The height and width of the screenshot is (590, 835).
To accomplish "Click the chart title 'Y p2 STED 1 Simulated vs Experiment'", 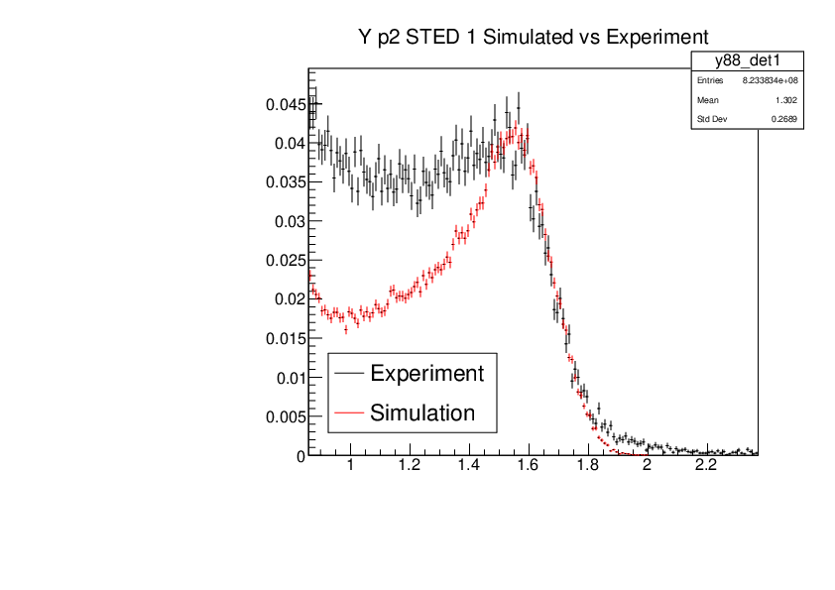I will [534, 37].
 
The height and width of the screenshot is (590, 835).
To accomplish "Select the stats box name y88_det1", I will [747, 61].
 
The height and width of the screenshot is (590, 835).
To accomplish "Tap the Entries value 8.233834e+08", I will [770, 80].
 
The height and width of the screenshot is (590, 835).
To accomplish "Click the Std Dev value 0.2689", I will [783, 120].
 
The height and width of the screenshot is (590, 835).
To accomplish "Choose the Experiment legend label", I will [426, 374].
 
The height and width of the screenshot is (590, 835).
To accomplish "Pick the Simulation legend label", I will [422, 413].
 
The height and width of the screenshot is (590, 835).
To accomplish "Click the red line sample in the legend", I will [349, 413].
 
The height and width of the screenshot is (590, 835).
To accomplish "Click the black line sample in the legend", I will [349, 374].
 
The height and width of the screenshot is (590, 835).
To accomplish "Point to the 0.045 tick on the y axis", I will [282, 104].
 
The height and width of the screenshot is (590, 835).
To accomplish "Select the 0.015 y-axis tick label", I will [282, 338].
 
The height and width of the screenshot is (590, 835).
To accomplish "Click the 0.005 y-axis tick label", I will [282, 416].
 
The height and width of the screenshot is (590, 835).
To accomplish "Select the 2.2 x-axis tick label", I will [706, 472].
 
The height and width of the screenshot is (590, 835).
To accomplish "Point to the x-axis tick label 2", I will [648, 472].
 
